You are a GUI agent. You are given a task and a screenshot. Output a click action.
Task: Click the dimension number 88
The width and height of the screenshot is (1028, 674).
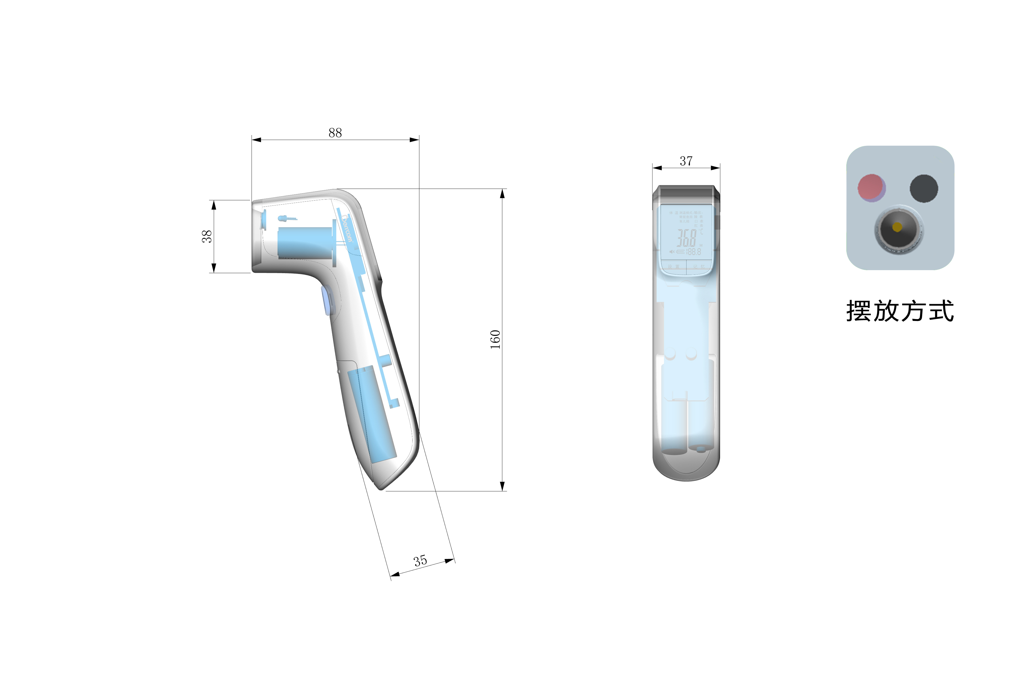335,133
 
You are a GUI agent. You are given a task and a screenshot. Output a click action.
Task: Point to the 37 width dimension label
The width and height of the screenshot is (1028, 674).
686,161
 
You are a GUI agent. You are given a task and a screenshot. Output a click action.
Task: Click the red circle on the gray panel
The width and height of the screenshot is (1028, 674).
871,188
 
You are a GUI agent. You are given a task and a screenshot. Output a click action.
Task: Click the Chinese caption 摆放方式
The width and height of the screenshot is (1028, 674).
900,311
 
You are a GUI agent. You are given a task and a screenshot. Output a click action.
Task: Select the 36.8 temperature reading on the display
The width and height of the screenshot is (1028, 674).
687,238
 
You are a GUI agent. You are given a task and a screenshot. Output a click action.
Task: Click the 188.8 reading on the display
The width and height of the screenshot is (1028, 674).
694,252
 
